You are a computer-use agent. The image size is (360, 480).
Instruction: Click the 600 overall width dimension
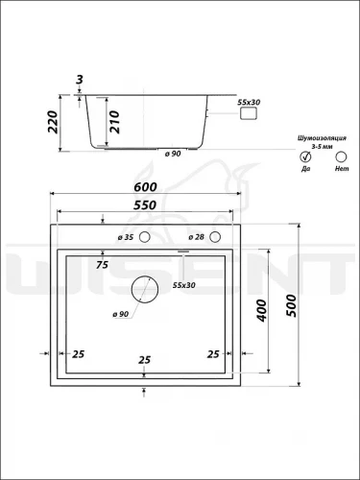[145, 187]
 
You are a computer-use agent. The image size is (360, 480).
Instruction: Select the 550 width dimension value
[145, 205]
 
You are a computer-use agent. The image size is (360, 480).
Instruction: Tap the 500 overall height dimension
[292, 305]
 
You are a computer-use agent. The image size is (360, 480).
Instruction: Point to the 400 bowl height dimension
[261, 310]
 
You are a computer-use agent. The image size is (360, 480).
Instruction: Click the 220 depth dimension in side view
[53, 122]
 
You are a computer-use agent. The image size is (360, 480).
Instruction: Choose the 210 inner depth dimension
[114, 122]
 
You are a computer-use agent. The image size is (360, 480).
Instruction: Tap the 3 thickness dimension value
[80, 80]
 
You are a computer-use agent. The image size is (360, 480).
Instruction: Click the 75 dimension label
[102, 265]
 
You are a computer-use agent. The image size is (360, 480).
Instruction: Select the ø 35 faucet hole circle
[145, 237]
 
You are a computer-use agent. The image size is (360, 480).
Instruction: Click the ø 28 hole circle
[215, 237]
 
